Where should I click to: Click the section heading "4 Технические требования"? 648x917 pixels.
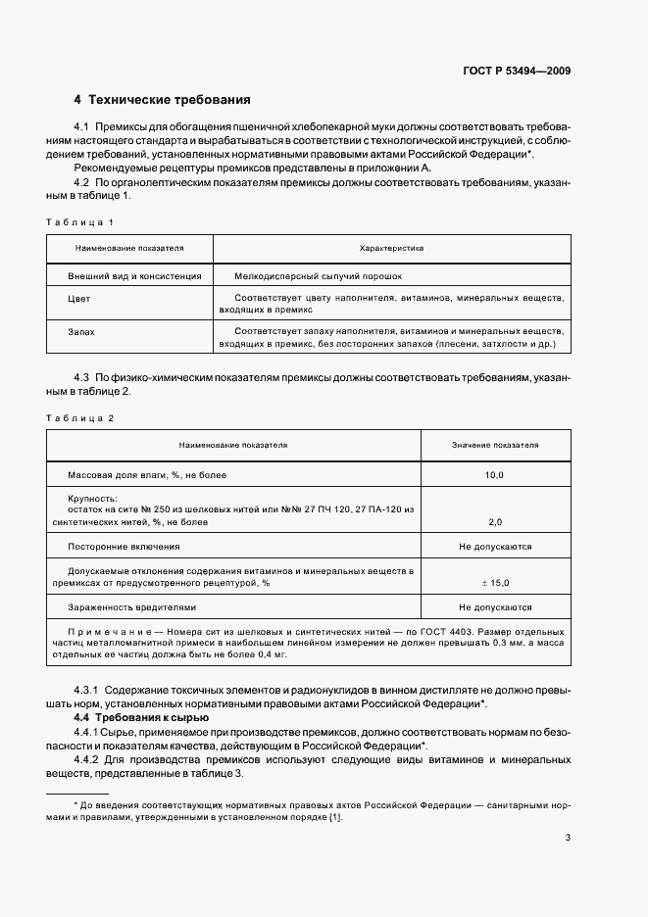162,100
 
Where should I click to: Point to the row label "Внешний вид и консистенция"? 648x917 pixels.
134,276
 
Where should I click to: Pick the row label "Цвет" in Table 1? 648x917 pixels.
79,299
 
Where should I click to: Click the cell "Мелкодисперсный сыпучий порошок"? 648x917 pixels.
319,276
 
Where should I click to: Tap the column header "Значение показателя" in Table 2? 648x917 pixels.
495,445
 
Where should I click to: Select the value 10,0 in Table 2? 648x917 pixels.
494,475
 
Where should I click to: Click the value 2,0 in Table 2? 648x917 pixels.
494,522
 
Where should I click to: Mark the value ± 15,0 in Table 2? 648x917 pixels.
494,583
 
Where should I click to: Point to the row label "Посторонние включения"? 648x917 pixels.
124,546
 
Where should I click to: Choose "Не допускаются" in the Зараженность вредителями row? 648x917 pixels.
495,607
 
